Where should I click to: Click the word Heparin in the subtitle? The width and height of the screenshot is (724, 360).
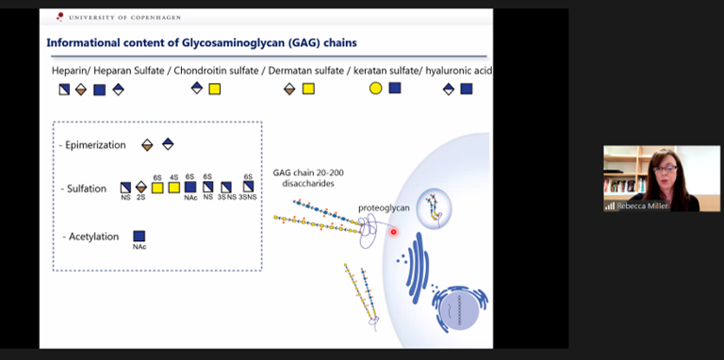point(72,71)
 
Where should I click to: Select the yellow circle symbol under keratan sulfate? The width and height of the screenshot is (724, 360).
point(375,89)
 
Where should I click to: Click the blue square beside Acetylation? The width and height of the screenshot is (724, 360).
point(140,236)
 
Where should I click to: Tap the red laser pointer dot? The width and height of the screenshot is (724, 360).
point(393,232)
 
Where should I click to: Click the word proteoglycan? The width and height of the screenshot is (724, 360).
point(381,207)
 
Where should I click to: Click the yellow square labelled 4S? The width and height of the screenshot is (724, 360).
point(174,188)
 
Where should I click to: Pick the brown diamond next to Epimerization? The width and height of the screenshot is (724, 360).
point(147,145)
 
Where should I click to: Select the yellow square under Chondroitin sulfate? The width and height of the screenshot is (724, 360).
point(215,89)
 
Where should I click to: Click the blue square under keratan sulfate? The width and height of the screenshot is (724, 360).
point(395,89)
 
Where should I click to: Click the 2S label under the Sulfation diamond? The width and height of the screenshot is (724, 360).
point(141,198)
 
